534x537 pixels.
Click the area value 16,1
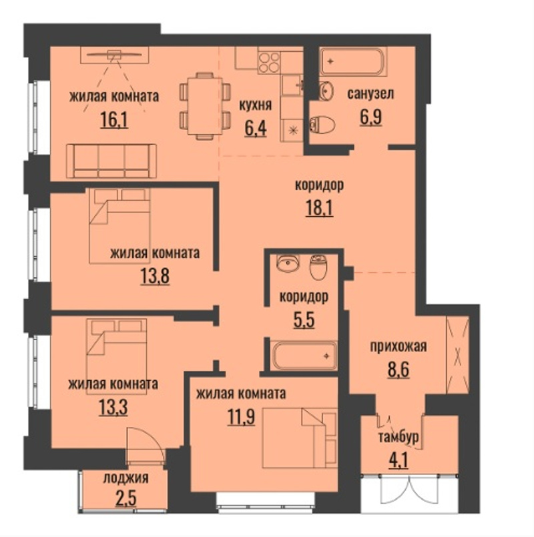pyautogui.click(x=115, y=120)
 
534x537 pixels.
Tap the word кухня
pyautogui.click(x=256, y=105)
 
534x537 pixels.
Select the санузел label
pyautogui.click(x=370, y=93)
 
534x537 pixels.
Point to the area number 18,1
pyautogui.click(x=319, y=208)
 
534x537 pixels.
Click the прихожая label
pyautogui.click(x=398, y=346)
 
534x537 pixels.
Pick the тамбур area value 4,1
pyautogui.click(x=398, y=461)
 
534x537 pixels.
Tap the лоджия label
pyautogui.click(x=125, y=478)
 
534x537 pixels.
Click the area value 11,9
pyautogui.click(x=241, y=418)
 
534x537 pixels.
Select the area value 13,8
pyautogui.click(x=155, y=276)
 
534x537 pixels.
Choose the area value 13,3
pyautogui.click(x=113, y=408)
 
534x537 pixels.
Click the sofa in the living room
pyautogui.click(x=111, y=161)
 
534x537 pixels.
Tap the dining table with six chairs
pyautogui.click(x=205, y=106)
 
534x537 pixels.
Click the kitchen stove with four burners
pyautogui.click(x=269, y=62)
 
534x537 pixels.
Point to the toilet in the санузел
pyautogui.click(x=322, y=124)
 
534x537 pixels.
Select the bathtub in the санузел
pyautogui.click(x=352, y=61)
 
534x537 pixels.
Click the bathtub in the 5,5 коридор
pyautogui.click(x=304, y=356)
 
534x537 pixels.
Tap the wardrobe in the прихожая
pyautogui.click(x=458, y=355)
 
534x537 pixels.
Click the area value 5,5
pyautogui.click(x=304, y=320)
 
